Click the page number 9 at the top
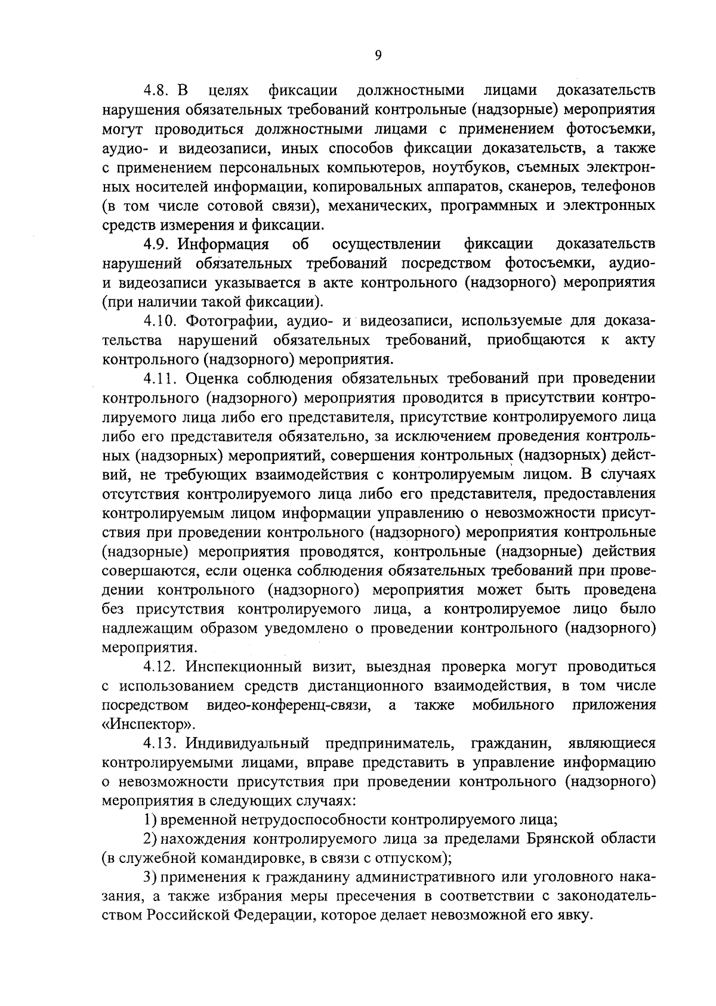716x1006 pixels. pyautogui.click(x=378, y=55)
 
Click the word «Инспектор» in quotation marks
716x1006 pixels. pyautogui.click(x=149, y=725)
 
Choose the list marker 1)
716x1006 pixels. pyautogui.click(x=150, y=821)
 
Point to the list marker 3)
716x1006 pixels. pyautogui.click(x=150, y=878)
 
